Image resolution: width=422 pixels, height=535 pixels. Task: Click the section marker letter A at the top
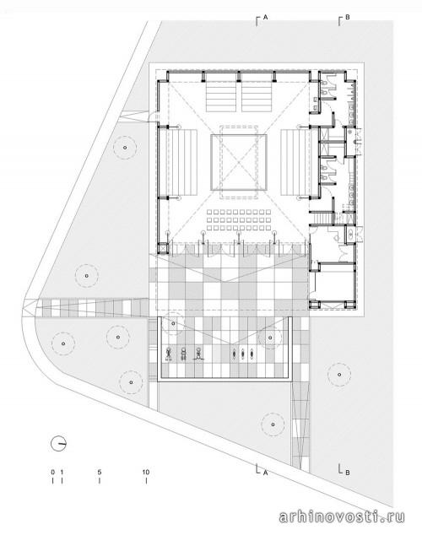[265, 17]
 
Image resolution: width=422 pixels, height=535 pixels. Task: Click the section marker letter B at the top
[347, 17]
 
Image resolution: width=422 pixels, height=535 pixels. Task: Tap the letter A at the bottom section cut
[265, 473]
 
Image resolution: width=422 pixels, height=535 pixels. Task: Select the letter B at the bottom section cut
[347, 473]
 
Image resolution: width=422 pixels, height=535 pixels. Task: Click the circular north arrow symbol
[58, 444]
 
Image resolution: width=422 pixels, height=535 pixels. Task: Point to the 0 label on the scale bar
[53, 473]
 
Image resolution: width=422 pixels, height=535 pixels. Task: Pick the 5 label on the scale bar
[100, 473]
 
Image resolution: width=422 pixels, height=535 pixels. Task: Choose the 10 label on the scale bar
[146, 473]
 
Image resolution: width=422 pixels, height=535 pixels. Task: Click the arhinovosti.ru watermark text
[342, 516]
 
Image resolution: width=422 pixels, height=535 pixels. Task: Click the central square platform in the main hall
[239, 162]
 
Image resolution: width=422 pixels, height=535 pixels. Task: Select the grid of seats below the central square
[239, 219]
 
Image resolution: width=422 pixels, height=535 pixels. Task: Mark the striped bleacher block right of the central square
[295, 162]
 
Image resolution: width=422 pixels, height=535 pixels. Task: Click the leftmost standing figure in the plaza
[169, 354]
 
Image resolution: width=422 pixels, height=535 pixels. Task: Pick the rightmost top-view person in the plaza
[252, 354]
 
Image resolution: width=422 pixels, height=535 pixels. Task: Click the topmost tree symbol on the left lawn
[125, 148]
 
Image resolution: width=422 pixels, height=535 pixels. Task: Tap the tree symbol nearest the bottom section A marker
[273, 424]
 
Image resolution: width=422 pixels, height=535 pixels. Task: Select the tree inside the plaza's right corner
[270, 338]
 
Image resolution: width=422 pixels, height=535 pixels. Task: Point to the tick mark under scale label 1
[62, 480]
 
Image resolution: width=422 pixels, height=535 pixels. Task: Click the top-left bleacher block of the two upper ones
[221, 96]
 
